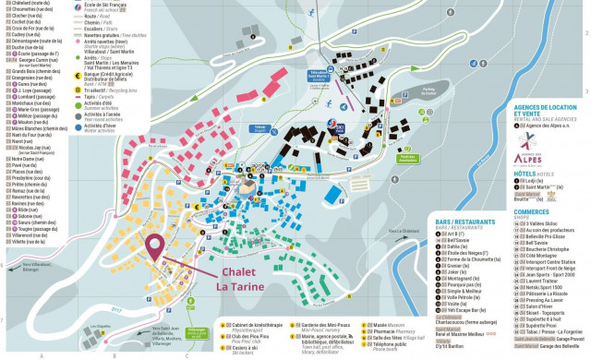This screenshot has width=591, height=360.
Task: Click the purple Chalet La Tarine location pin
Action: pos(153,247)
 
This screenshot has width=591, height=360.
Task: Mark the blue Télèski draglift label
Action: pos(261,128)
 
